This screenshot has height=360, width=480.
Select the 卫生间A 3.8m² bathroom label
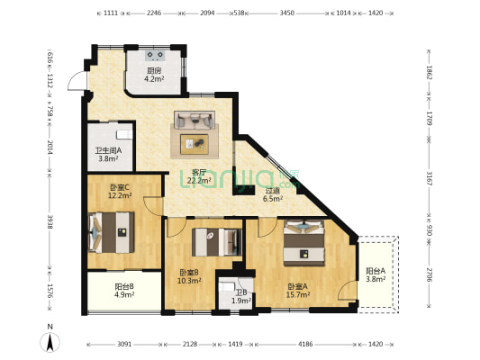110,155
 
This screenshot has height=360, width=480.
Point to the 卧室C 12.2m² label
120,191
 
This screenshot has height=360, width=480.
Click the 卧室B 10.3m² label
189,276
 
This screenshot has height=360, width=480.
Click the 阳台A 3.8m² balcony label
376,274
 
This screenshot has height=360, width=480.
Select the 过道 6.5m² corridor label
272,194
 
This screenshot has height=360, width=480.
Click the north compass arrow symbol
51,339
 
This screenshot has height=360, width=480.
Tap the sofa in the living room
195,121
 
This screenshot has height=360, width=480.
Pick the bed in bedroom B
216,240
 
